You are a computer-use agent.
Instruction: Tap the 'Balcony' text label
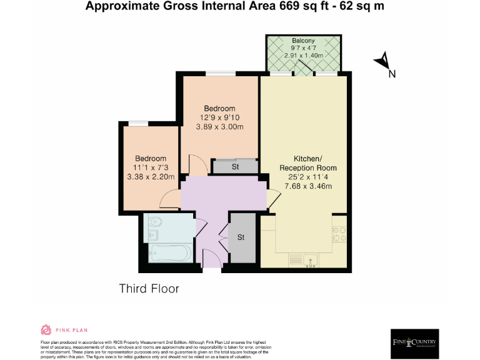point(303,41)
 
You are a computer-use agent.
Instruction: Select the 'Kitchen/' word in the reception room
point(307,159)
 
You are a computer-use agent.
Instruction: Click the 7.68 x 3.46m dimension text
point(307,186)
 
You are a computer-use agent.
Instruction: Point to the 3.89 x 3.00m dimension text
point(218,127)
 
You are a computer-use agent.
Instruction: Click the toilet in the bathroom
point(155,222)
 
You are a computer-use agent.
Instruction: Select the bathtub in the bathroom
point(170,254)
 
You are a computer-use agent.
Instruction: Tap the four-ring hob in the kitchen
point(340,234)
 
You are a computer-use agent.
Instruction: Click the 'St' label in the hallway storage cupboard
point(241,237)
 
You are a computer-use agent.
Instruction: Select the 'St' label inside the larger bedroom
point(235,167)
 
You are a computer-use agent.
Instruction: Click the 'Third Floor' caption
point(149,289)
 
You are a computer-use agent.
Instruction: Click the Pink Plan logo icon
point(46,330)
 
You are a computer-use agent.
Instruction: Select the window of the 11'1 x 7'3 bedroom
point(138,124)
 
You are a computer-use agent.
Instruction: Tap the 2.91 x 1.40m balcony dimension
point(303,56)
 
